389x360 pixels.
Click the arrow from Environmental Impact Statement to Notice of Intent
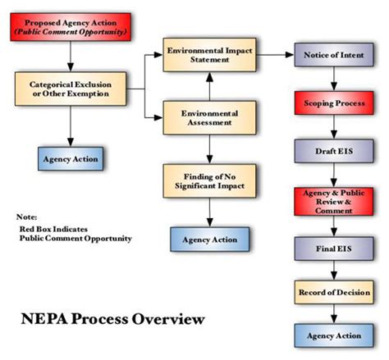click(x=275, y=54)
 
